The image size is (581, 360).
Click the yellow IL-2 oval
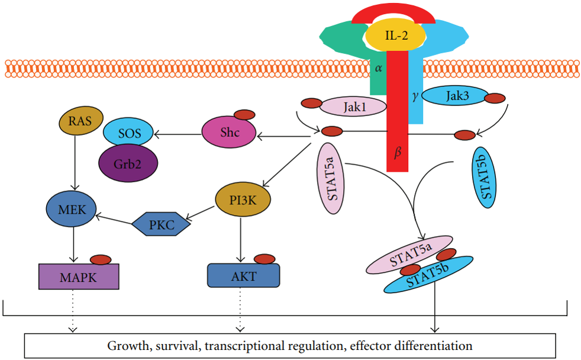pyautogui.click(x=395, y=36)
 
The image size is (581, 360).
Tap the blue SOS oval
pyautogui.click(x=129, y=133)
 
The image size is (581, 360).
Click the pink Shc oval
pyautogui.click(x=229, y=133)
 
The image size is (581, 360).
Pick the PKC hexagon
pyautogui.click(x=161, y=224)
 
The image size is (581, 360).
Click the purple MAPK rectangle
pyautogui.click(x=79, y=277)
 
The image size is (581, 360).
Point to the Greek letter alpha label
pyautogui.click(x=379, y=69)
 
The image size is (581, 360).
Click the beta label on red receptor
pyautogui.click(x=398, y=153)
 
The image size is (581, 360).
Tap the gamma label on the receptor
pyautogui.click(x=415, y=95)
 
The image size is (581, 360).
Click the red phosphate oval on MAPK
pyautogui.click(x=100, y=259)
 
